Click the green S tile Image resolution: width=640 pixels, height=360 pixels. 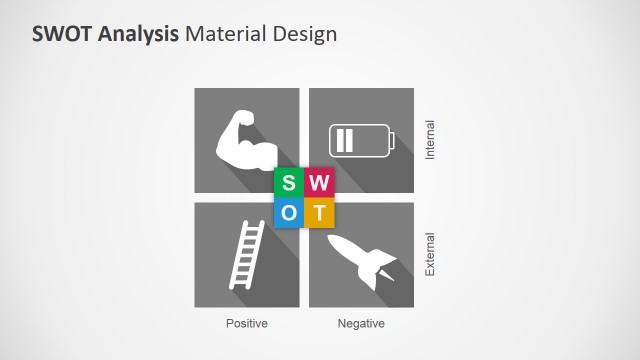(289, 183)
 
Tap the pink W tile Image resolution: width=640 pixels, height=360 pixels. (319, 183)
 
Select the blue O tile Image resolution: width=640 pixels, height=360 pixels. (289, 212)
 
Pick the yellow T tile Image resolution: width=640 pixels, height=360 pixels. (319, 212)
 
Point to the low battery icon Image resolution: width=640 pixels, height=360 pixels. (361, 139)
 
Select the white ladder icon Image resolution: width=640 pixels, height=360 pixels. (247, 254)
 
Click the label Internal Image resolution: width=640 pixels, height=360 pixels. (431, 141)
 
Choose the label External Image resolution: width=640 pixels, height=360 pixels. (431, 254)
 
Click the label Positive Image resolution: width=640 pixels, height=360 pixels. (247, 324)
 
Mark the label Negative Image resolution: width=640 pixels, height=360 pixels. (361, 324)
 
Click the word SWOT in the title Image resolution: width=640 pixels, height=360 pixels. (63, 34)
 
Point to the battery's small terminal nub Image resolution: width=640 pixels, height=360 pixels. (392, 139)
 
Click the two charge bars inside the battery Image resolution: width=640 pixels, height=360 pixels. (345, 139)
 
